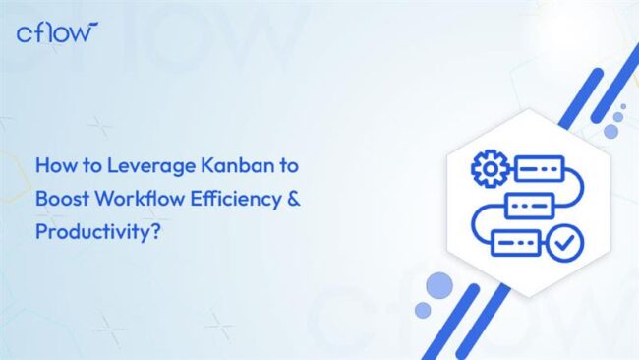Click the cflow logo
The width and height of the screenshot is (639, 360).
[58, 32]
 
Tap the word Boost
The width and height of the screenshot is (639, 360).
[61, 200]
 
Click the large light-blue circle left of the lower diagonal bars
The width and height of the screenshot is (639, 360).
[439, 284]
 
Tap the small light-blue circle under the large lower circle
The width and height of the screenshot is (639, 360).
[423, 310]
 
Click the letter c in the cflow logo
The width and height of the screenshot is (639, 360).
[26, 33]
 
